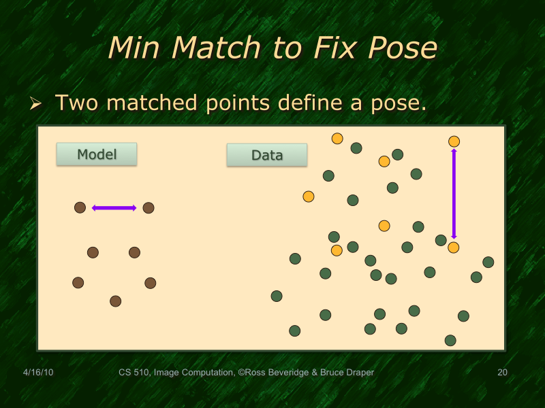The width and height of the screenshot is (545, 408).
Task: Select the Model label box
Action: point(97,154)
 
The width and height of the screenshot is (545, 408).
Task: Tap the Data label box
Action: point(267,155)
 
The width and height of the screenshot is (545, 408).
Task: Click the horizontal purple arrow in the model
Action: point(114,208)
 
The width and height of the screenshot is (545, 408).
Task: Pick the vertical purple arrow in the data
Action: point(454,194)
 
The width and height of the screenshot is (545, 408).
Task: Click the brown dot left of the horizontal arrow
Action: point(80,207)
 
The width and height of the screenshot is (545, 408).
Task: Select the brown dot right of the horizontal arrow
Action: point(149,207)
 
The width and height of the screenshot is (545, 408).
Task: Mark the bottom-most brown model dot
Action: point(115,301)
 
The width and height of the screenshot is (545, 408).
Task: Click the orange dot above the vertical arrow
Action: point(454,141)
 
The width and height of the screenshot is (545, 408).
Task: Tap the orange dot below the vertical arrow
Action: point(453,248)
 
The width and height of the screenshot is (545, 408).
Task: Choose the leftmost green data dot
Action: point(277,296)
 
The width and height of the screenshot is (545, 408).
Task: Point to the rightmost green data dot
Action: point(488,262)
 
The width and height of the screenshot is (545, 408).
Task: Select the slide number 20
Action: point(503,373)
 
